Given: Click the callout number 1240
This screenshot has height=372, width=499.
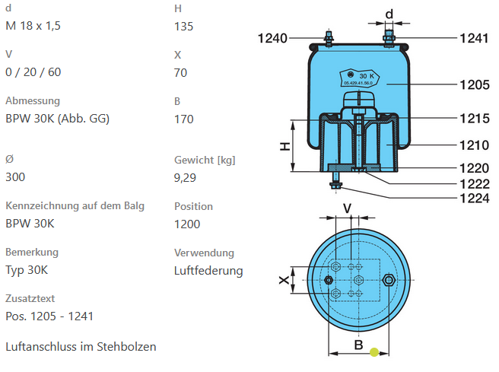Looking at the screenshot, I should (272, 38).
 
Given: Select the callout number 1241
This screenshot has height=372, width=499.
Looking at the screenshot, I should (473, 38).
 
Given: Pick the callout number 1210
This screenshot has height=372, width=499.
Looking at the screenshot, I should (474, 144).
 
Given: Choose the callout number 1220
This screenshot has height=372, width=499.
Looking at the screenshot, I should (474, 167).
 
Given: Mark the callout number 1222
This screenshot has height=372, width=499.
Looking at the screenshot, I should (474, 183).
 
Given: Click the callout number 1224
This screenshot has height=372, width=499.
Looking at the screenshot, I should (474, 199).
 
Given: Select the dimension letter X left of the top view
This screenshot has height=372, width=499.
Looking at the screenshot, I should (284, 281).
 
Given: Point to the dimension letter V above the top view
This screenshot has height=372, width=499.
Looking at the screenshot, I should (347, 208).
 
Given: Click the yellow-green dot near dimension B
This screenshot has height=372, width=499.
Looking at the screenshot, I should (373, 351).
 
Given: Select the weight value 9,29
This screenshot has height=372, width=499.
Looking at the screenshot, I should (185, 177).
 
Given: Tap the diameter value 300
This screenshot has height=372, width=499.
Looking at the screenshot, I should (15, 176).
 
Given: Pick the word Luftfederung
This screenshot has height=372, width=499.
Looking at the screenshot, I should (208, 270).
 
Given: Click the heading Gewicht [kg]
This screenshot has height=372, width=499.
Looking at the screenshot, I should (205, 160).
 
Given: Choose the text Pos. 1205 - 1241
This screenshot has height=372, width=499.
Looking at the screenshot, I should (49, 316).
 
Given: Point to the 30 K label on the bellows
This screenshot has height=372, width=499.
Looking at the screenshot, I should (368, 76).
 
